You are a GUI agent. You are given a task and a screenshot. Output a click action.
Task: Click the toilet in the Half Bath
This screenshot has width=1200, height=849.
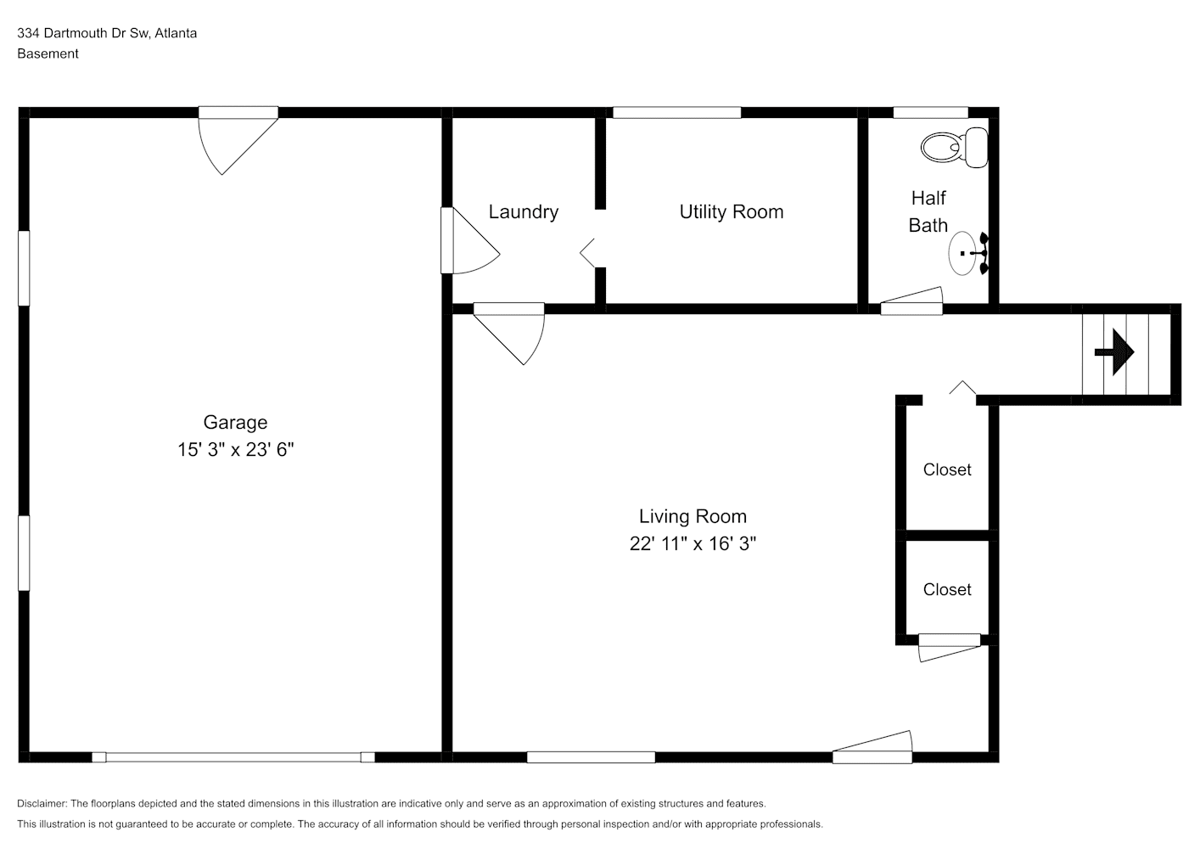point(955,148)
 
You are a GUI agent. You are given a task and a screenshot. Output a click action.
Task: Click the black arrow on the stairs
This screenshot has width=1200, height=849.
point(1114,352)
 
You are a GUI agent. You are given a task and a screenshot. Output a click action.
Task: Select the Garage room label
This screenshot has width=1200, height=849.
point(235,422)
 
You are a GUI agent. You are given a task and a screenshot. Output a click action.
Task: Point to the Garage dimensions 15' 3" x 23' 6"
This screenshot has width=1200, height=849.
point(236,449)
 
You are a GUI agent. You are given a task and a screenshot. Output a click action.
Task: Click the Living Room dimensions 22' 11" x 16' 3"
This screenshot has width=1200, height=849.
point(693,543)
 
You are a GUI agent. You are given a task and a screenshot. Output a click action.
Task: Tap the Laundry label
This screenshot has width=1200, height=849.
point(524,211)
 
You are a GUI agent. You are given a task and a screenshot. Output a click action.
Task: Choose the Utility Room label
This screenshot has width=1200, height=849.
point(732,211)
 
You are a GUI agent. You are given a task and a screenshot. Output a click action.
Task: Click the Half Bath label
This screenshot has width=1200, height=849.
point(928,211)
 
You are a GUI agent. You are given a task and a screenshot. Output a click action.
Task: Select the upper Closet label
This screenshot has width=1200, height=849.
point(946,469)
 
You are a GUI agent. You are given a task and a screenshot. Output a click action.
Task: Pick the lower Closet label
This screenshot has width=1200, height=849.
point(946,589)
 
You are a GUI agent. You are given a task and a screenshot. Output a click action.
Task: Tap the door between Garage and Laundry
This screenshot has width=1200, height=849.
point(470,240)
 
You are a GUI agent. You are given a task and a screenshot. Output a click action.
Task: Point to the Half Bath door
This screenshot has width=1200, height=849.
point(911,301)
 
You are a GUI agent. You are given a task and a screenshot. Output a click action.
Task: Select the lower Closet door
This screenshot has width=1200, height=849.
point(950,648)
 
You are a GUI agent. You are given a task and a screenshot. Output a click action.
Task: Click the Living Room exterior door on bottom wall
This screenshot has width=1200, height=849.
point(872,747)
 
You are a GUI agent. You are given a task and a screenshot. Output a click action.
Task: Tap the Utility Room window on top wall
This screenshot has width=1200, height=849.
point(676,113)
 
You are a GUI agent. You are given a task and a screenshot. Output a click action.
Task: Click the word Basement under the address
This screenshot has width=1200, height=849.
point(48,53)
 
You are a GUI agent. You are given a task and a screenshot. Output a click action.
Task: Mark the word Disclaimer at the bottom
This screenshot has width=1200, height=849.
point(42,803)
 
